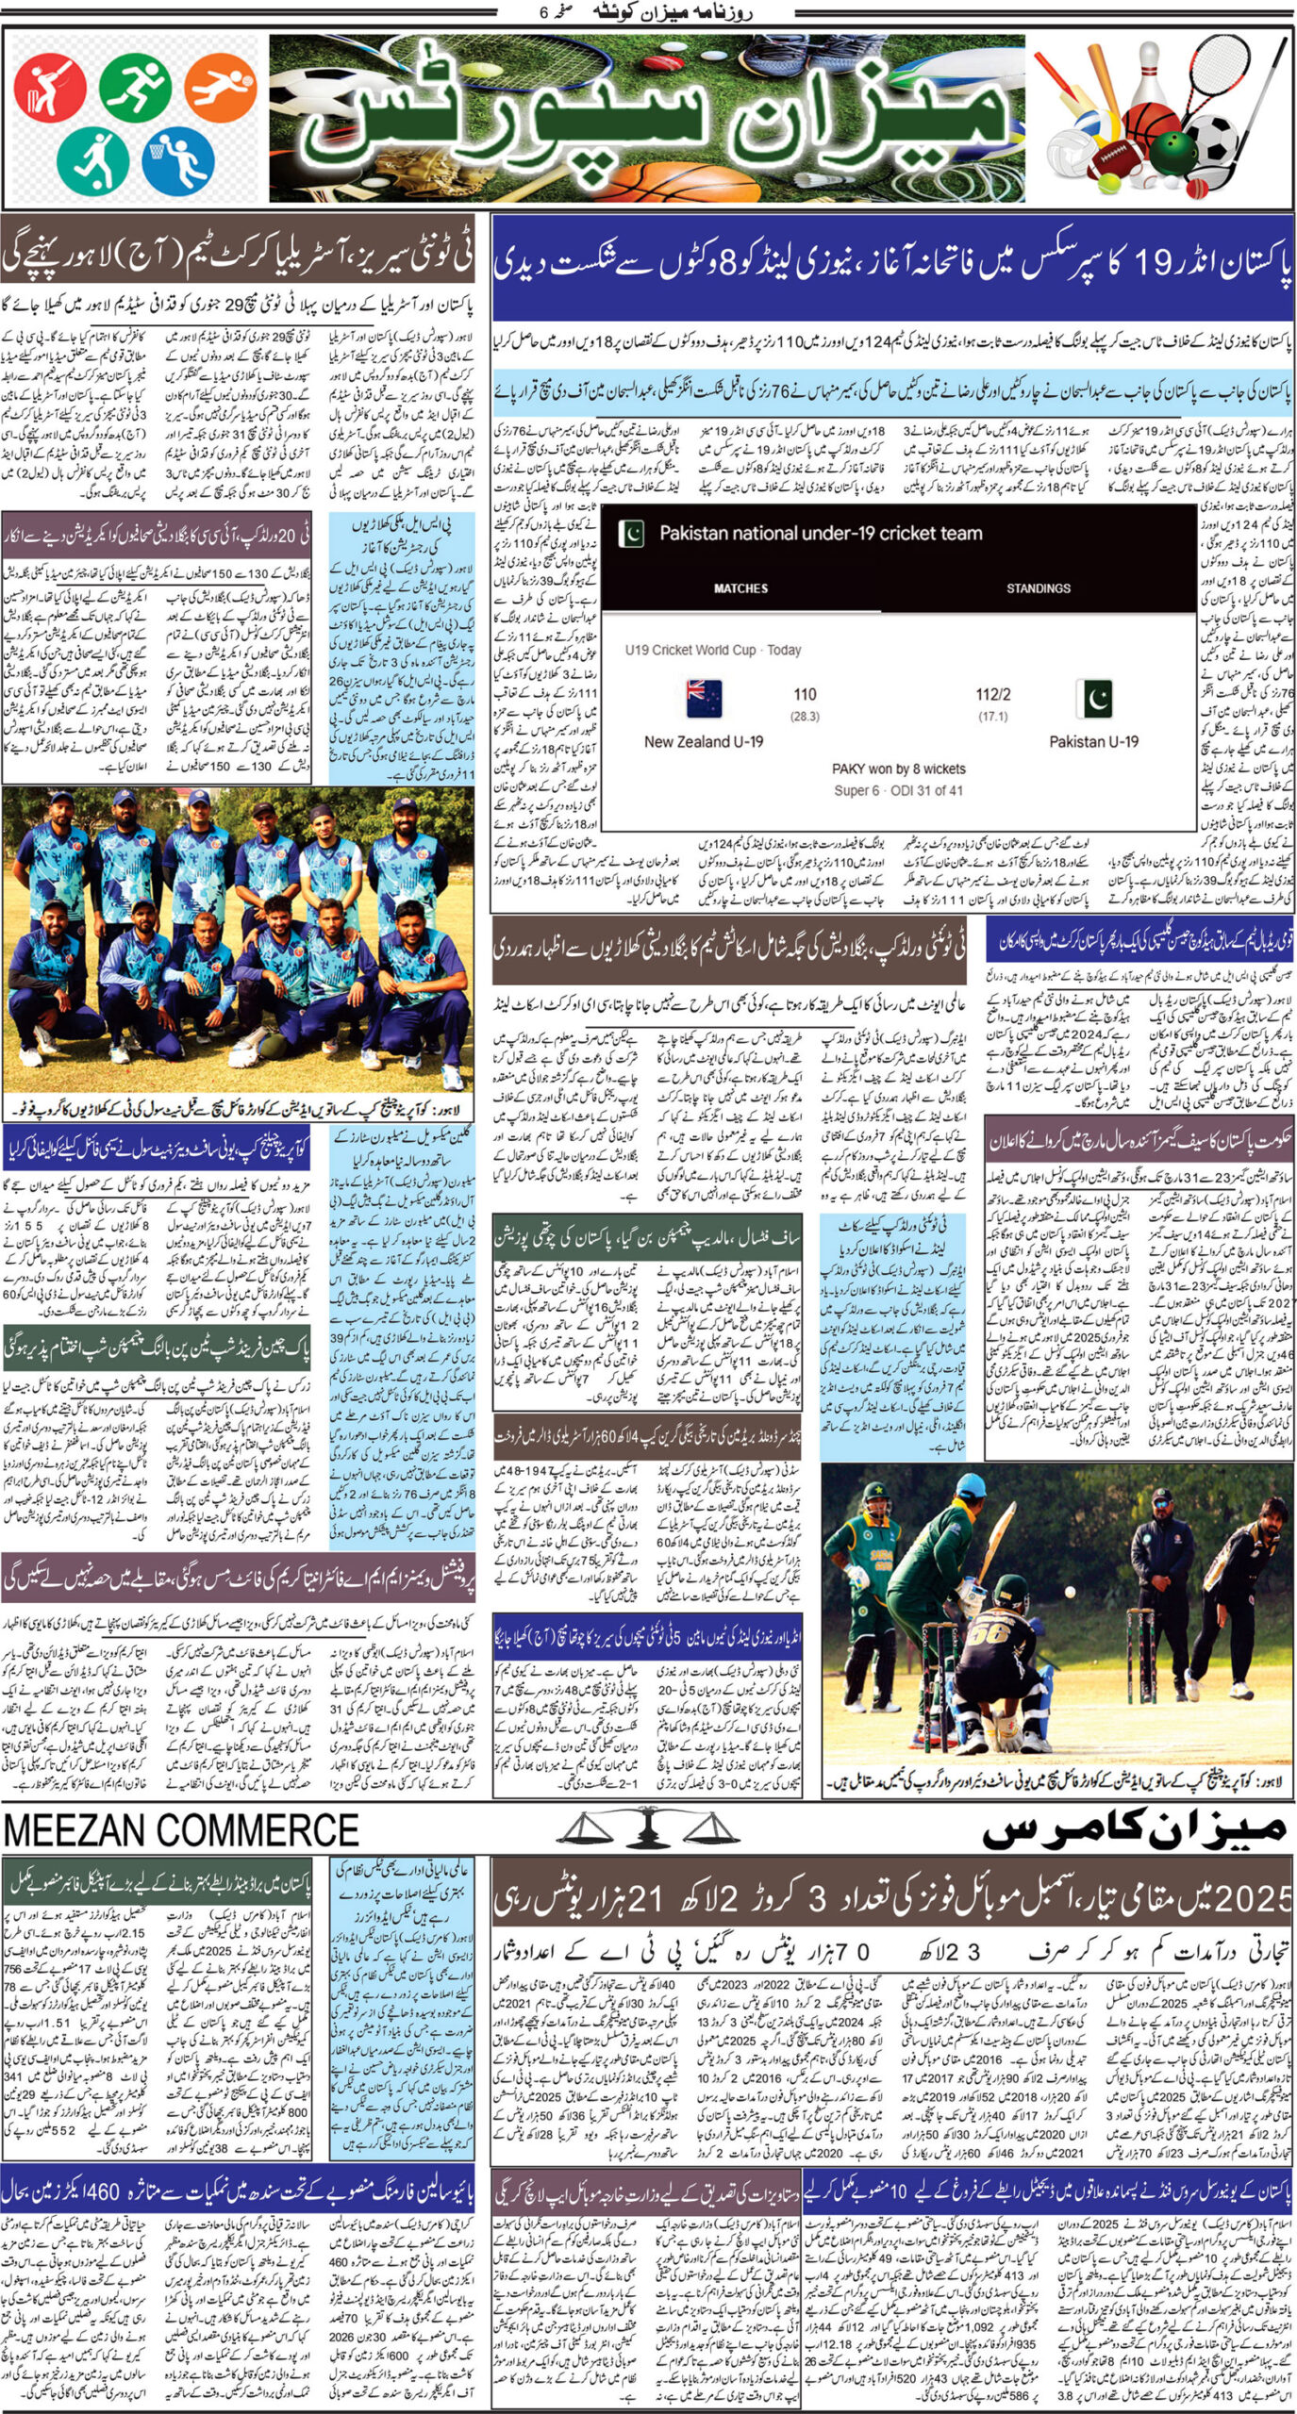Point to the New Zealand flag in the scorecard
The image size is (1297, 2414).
tap(704, 699)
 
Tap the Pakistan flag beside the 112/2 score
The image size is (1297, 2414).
tap(1094, 699)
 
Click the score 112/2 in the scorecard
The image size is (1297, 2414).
tap(992, 695)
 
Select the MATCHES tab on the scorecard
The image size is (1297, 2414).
tap(740, 588)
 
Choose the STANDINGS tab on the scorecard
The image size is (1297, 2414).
tap(1038, 588)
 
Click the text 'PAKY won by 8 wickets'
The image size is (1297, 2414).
tap(898, 769)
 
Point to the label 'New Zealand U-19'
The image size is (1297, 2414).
tap(704, 741)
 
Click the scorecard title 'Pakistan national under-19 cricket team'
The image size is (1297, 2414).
tap(820, 534)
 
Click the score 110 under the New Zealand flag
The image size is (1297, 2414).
tap(805, 695)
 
